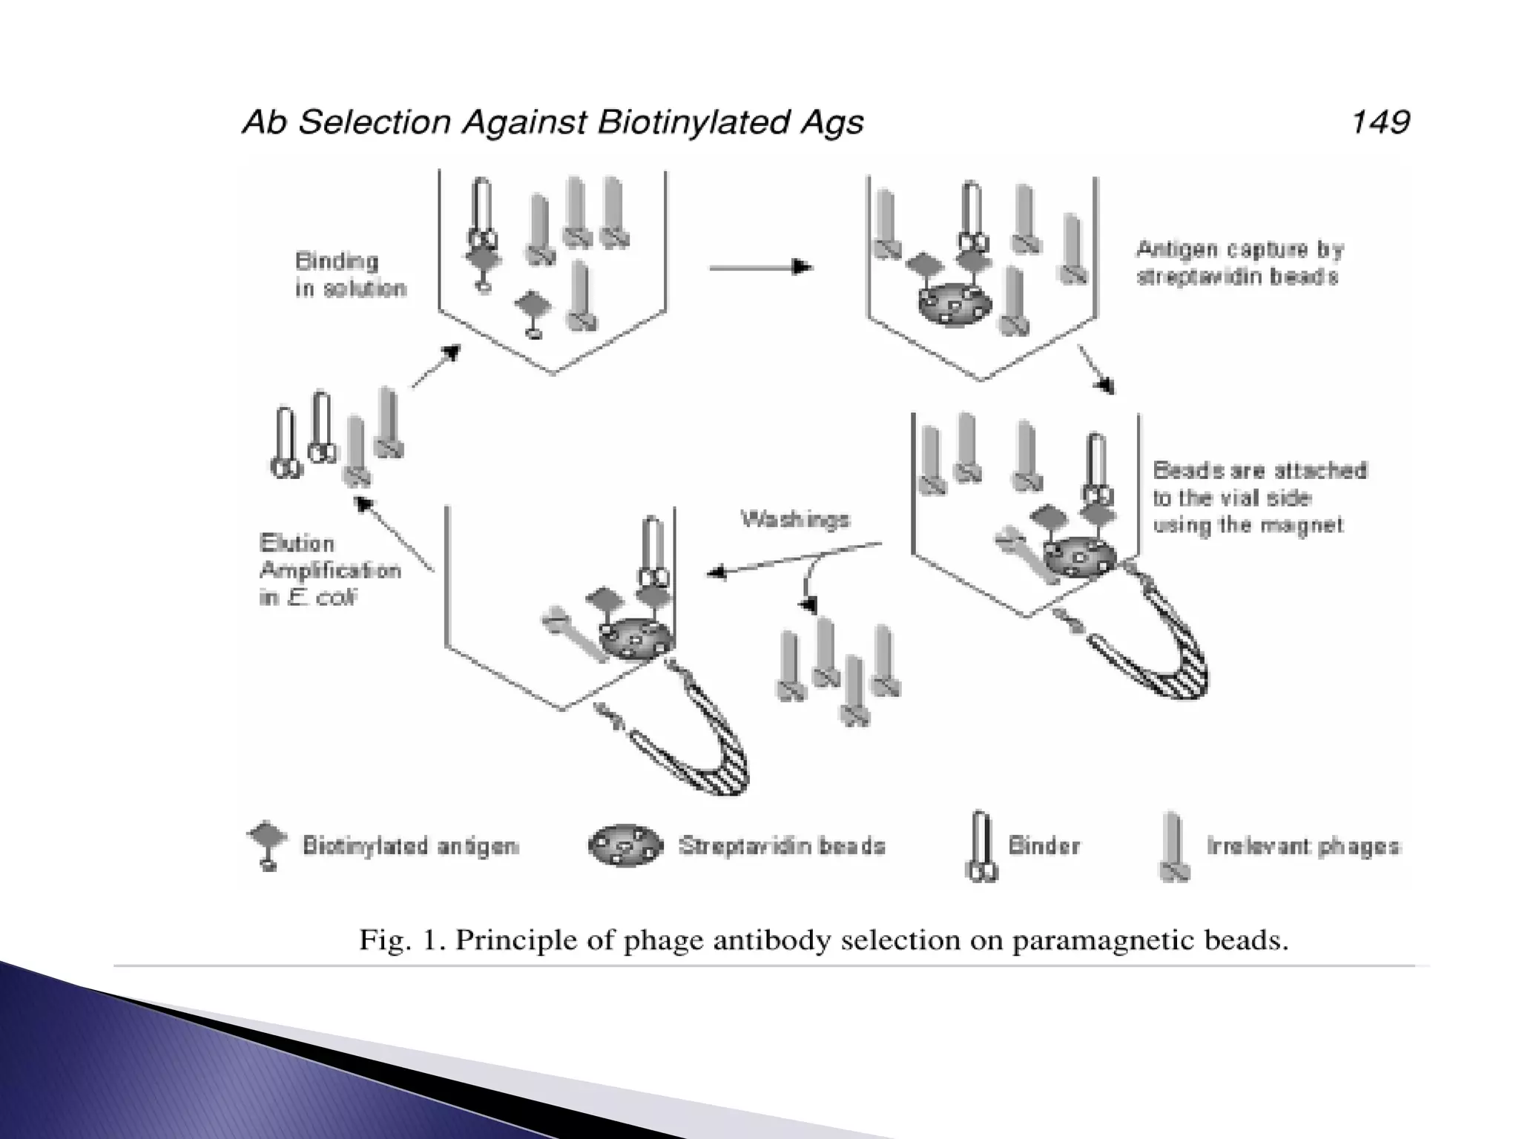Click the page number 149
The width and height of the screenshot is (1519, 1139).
(x=1380, y=122)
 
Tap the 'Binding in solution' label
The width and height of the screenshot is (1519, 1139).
(x=350, y=274)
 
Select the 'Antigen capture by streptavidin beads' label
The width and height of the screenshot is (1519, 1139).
(x=1239, y=263)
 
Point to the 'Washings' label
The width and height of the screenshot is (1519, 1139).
(x=795, y=520)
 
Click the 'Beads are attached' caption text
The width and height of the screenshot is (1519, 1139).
(x=1259, y=471)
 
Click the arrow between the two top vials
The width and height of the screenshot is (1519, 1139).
(x=760, y=267)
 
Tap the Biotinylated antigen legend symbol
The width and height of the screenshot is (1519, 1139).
(x=267, y=845)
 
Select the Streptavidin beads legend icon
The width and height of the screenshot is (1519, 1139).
(x=625, y=845)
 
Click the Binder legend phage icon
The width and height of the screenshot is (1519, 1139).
(x=981, y=847)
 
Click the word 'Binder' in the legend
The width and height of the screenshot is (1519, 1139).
(x=1044, y=846)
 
